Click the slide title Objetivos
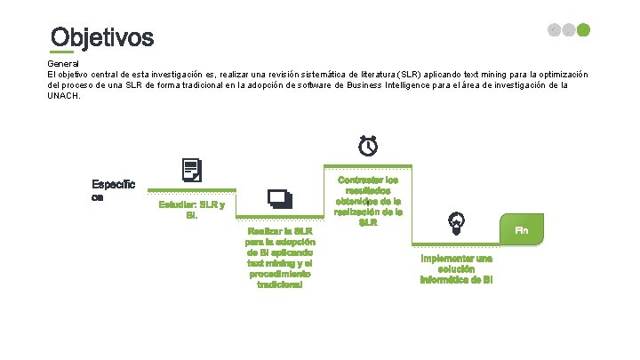102,38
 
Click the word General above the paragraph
62,64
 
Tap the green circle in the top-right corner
583,30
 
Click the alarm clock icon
367,145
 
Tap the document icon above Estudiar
191,170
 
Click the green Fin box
522,230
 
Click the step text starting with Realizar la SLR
280,258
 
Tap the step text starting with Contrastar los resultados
368,200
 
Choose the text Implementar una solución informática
456,268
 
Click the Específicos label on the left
113,190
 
